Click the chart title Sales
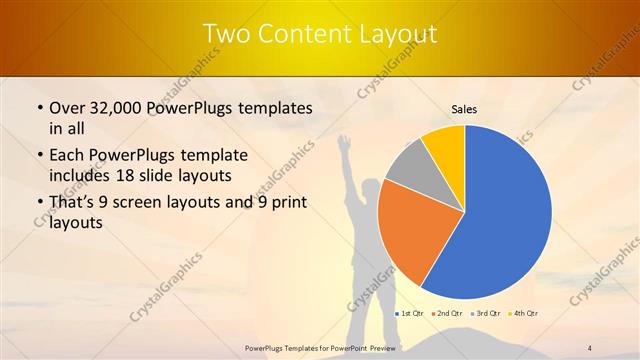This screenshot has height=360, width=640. tap(464, 109)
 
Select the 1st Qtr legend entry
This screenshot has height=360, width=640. tap(412, 313)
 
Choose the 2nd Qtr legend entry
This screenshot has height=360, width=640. tap(450, 313)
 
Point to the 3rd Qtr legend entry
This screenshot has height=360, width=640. tap(487, 313)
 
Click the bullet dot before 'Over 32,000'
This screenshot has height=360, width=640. tap(38, 108)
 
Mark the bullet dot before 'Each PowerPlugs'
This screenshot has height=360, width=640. tap(38, 157)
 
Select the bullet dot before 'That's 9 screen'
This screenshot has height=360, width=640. tap(38, 204)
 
